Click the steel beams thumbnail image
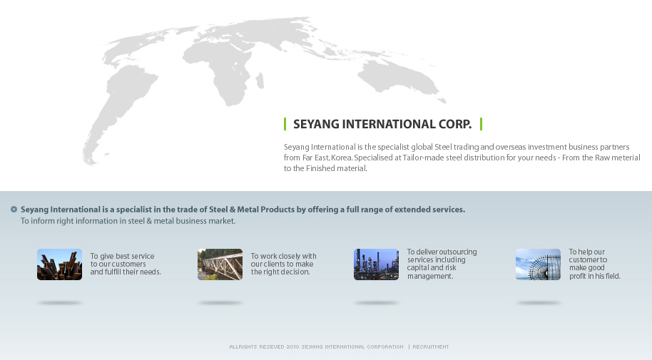coord(59,264)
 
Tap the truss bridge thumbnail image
coord(220,264)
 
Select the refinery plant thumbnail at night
coord(377,264)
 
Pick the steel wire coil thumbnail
coord(538,264)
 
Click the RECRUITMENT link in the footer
coord(431,346)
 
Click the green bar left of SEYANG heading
coord(285,124)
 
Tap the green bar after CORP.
coord(481,124)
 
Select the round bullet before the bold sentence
coord(14,209)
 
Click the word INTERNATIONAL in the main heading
coord(388,124)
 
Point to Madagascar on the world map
coord(260,81)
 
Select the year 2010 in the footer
coord(292,346)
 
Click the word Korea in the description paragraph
coord(342,158)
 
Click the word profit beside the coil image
coord(578,276)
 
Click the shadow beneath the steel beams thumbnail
coord(59,303)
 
